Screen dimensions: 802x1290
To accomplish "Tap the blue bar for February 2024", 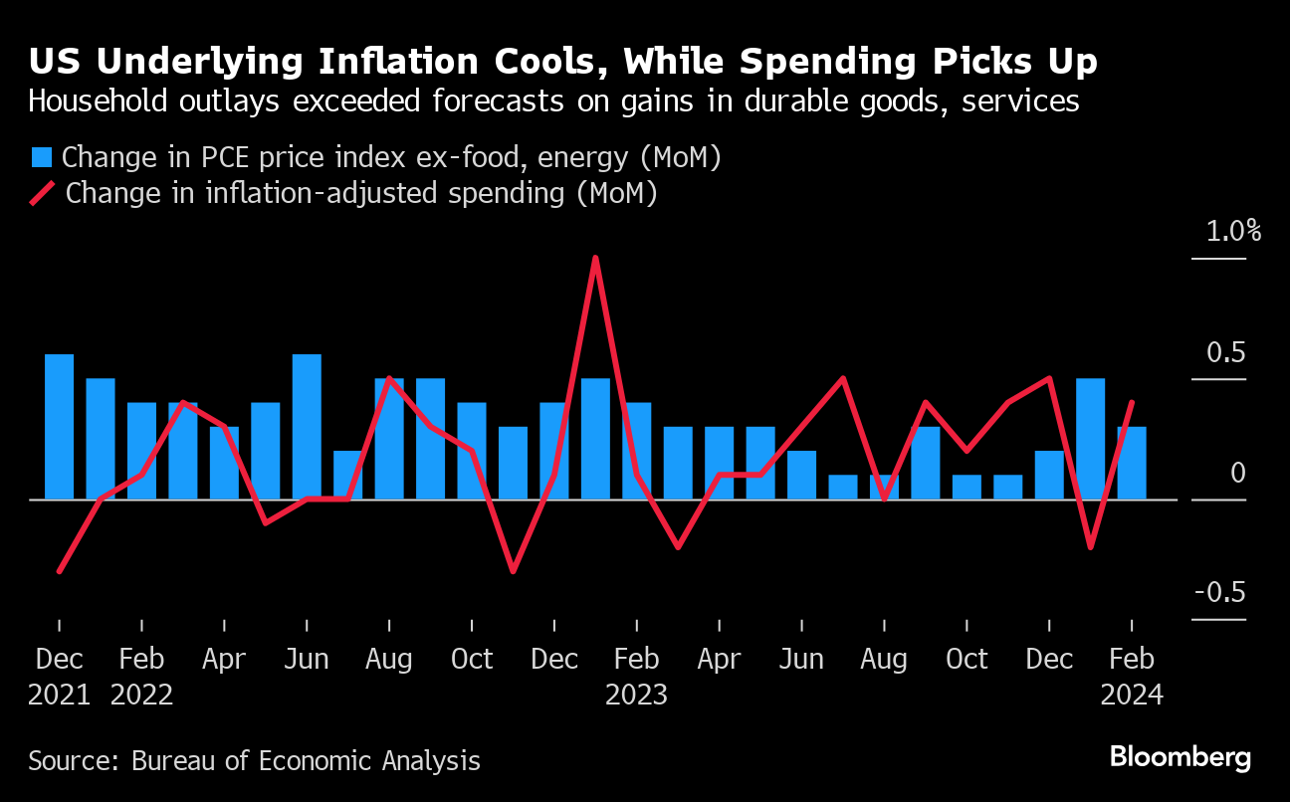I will [x=1132, y=463].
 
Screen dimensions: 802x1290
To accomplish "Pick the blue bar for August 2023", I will [x=884, y=487].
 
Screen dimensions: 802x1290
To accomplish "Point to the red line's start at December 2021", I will [x=60, y=571].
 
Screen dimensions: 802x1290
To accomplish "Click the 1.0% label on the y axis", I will [x=1233, y=232].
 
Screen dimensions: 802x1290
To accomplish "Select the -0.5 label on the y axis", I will [x=1219, y=592].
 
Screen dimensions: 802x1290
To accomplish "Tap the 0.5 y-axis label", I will [x=1225, y=352].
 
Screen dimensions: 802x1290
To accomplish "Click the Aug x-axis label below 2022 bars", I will [x=389, y=659].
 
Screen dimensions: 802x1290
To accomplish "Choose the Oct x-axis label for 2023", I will [x=967, y=659].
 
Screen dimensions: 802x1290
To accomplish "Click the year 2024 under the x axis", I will [x=1132, y=694].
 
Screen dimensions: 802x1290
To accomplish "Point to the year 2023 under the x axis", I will [x=636, y=694].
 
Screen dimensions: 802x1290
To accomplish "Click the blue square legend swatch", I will [x=42, y=157].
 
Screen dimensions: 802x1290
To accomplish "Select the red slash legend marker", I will [x=42, y=192].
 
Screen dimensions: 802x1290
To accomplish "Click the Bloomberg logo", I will [x=1181, y=757].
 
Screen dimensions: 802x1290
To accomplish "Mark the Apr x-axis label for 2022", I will [x=225, y=659].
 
